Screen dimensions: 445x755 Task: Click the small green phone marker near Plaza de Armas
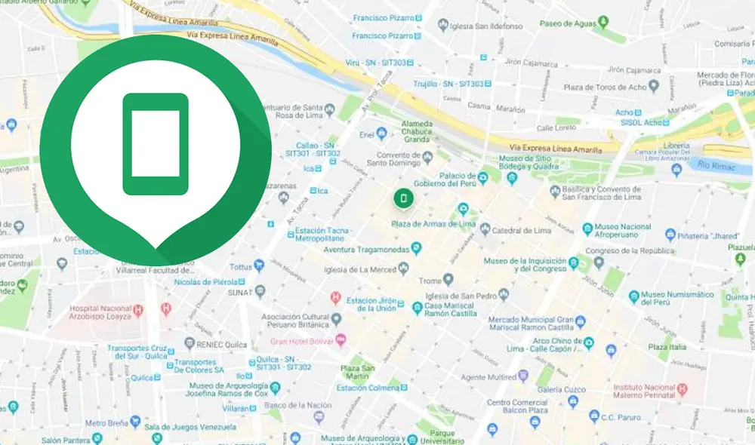pyautogui.click(x=403, y=198)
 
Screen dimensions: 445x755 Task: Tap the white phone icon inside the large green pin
pyautogui.click(x=155, y=144)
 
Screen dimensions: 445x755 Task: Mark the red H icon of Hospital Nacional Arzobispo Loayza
pyautogui.click(x=138, y=309)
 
